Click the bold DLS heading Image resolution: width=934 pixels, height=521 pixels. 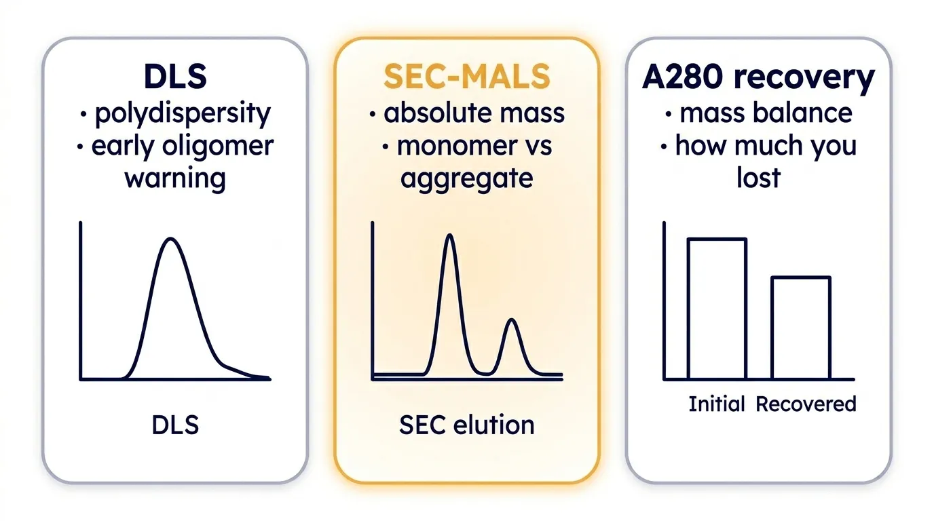tap(175, 77)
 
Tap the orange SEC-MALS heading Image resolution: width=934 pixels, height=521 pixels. tap(466, 77)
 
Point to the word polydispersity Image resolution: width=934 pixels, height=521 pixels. tap(183, 113)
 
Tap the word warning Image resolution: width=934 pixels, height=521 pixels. tap(175, 179)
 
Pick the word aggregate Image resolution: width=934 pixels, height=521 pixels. tap(466, 179)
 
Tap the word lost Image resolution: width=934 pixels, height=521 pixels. tap(758, 178)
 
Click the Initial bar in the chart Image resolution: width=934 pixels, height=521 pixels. tap(717, 309)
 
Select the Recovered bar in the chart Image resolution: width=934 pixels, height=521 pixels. tap(801, 328)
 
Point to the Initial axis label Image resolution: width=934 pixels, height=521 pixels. tap(716, 404)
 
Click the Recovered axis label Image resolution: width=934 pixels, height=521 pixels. tap(806, 404)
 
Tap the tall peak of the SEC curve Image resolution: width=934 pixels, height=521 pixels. tap(449, 235)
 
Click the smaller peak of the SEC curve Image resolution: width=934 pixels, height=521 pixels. tap(512, 320)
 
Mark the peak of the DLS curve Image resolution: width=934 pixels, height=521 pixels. tap(171, 238)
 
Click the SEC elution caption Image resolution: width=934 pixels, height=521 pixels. tap(466, 425)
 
